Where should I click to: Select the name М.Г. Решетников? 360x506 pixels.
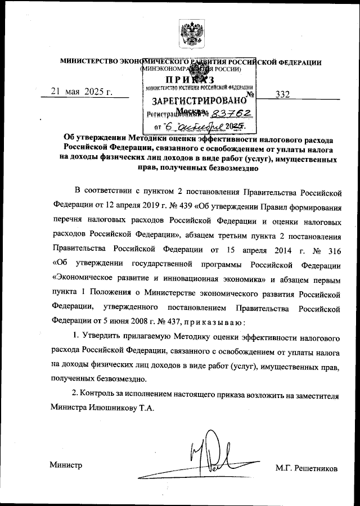pyautogui.click(x=307, y=468)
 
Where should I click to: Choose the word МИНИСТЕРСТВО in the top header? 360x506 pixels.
pyautogui.click(x=86, y=62)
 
